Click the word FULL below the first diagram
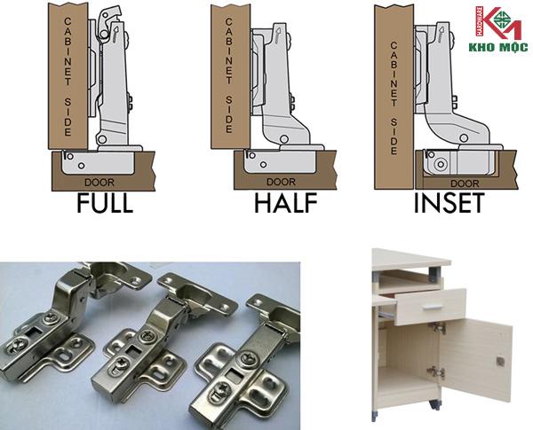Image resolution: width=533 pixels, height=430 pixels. [105, 203]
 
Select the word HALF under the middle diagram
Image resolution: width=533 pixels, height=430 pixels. [285, 203]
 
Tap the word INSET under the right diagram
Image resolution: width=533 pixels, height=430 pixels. [449, 203]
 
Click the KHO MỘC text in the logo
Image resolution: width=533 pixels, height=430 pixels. [498, 47]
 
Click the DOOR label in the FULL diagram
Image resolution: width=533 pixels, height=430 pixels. [99, 183]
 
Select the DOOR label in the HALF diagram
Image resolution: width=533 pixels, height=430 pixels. [281, 182]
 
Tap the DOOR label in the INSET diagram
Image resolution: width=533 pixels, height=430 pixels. [465, 184]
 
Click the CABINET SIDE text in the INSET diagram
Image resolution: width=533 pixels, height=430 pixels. [394, 98]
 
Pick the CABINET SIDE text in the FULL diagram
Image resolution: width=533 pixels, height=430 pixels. [68, 77]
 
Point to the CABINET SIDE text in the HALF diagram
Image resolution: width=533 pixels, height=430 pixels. [229, 75]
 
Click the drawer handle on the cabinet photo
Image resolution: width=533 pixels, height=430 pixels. [434, 307]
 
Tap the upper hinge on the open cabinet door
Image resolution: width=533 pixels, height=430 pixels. [440, 328]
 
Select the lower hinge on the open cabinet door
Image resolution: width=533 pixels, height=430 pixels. [437, 371]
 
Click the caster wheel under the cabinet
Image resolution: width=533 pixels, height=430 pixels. [434, 404]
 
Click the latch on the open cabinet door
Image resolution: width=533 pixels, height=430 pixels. [500, 362]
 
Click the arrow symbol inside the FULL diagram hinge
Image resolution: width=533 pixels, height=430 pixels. [115, 33]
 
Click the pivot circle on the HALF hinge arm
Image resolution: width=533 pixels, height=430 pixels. [284, 139]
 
